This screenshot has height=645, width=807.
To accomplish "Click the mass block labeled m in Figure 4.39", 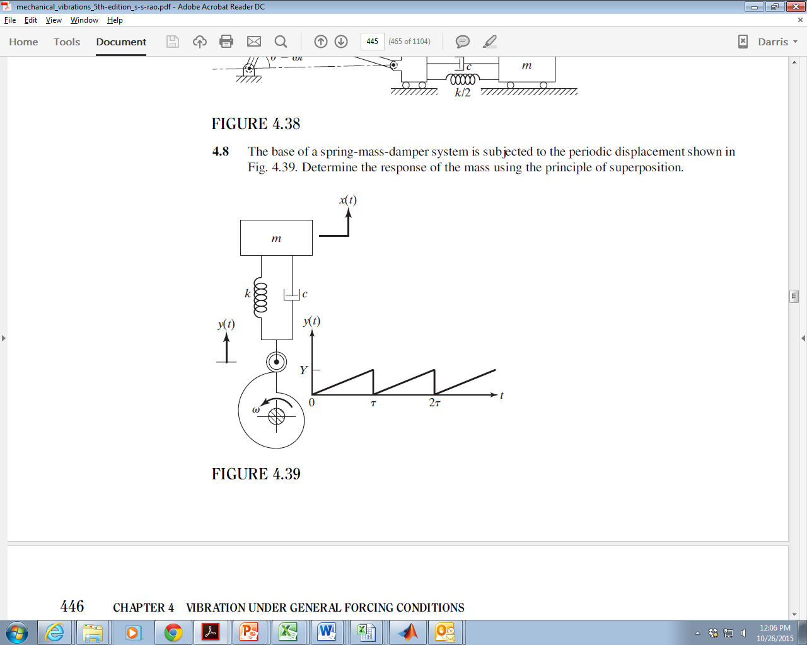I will pos(276,237).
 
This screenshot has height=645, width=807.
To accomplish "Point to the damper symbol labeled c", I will pos(292,294).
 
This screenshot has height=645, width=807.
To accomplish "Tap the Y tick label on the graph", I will pos(303,370).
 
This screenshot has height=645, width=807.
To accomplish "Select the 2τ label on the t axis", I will pos(434,402).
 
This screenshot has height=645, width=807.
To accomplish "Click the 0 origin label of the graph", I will pos(311,402).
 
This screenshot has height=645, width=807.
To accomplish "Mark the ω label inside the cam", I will pos(256,409).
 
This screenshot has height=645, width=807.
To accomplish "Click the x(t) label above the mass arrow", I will pos(348,200).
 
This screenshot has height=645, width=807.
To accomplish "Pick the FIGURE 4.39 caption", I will pos(256,474).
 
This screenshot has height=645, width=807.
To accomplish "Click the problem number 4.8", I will pos(221,152).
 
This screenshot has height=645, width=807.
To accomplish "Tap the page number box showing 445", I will pos(372,42).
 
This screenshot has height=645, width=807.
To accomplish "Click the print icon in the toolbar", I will pos(226,42).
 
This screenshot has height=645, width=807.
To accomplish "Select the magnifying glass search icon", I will pos(281,42).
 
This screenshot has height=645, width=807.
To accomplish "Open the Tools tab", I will pos(67,42).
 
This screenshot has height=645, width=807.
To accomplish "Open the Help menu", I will pos(115,20).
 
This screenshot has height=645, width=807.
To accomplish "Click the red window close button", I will pos(793,7).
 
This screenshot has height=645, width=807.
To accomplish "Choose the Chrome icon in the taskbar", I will pos(173,632).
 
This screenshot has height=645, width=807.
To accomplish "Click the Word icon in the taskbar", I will pos(327,632).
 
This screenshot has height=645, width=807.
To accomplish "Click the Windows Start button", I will pos(17,632).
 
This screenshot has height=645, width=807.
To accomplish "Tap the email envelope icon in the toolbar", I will pos(254,42).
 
